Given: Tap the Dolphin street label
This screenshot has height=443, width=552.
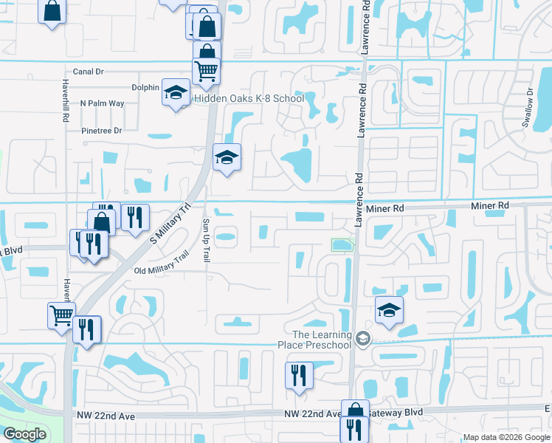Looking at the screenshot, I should [x=145, y=87].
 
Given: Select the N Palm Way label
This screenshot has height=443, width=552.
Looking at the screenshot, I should [x=102, y=103].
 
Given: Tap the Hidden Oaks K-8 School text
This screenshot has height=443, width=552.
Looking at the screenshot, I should [x=249, y=98].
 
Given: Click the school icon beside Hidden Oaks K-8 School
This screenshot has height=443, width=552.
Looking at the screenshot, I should [x=176, y=92].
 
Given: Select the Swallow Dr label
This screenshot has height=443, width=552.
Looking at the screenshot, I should [x=529, y=108].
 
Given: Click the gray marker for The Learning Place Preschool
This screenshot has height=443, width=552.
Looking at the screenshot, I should [x=362, y=338].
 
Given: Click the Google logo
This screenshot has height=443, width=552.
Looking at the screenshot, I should [x=24, y=434].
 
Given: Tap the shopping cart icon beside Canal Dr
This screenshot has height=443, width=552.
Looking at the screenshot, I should [x=206, y=71].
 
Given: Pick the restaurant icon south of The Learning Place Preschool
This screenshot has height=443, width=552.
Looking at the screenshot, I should [x=299, y=374].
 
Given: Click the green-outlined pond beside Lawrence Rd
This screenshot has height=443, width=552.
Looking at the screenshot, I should [x=342, y=244].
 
